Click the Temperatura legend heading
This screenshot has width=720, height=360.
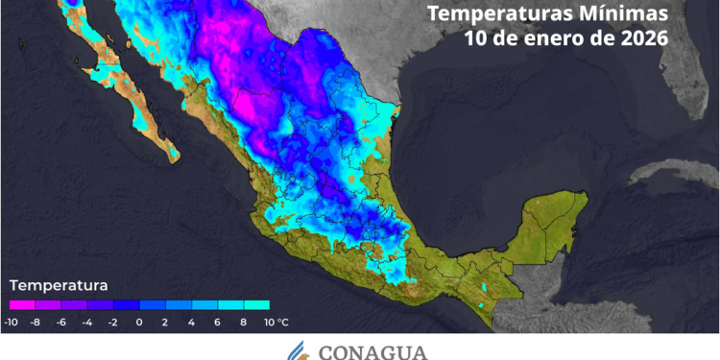click(59, 285)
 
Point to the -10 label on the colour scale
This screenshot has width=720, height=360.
click(12, 323)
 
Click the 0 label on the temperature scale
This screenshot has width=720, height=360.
click(139, 323)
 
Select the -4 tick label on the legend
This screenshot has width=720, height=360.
click(87, 323)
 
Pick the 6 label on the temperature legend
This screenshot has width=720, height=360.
click(217, 323)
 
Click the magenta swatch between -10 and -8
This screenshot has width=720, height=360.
click(23, 305)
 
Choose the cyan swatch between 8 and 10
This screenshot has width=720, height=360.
click(255, 305)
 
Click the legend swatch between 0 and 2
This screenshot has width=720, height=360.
click(153, 305)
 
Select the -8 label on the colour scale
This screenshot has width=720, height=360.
click(36, 323)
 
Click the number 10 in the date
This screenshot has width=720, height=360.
click(475, 39)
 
